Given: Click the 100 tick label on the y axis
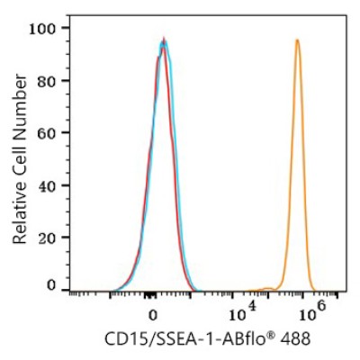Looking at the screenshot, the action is [x=44, y=30].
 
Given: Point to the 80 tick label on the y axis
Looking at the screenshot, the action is [x=48, y=81].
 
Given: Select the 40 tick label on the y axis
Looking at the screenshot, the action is [x=48, y=185].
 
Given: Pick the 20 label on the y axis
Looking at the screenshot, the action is [x=48, y=238].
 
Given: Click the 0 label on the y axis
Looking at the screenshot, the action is [x=52, y=285].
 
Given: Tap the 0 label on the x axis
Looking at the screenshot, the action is [x=153, y=316].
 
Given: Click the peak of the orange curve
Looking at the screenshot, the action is [x=297, y=40].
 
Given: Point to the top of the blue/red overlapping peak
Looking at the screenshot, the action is [x=164, y=39].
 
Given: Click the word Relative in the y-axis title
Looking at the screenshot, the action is [x=20, y=214].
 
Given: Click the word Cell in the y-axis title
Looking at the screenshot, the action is [x=20, y=160].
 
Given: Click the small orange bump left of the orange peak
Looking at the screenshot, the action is [x=267, y=289].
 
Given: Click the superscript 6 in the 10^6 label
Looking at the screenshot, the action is [x=320, y=307].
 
